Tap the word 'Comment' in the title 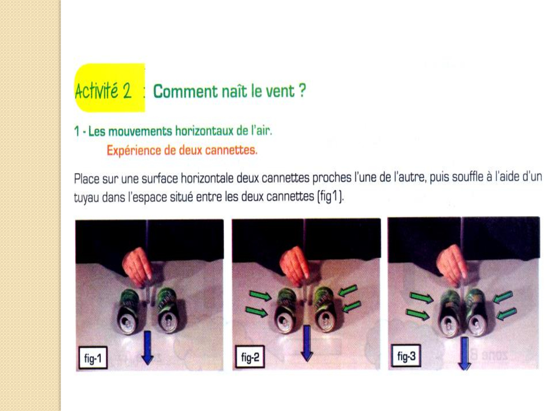click(x=185, y=91)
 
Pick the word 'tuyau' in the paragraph click(x=86, y=198)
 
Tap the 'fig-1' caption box click(x=93, y=358)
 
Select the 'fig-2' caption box click(x=250, y=357)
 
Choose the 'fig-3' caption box click(x=406, y=356)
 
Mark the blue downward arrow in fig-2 click(x=307, y=343)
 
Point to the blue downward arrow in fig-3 click(x=464, y=354)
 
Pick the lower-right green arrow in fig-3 click(x=507, y=314)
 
